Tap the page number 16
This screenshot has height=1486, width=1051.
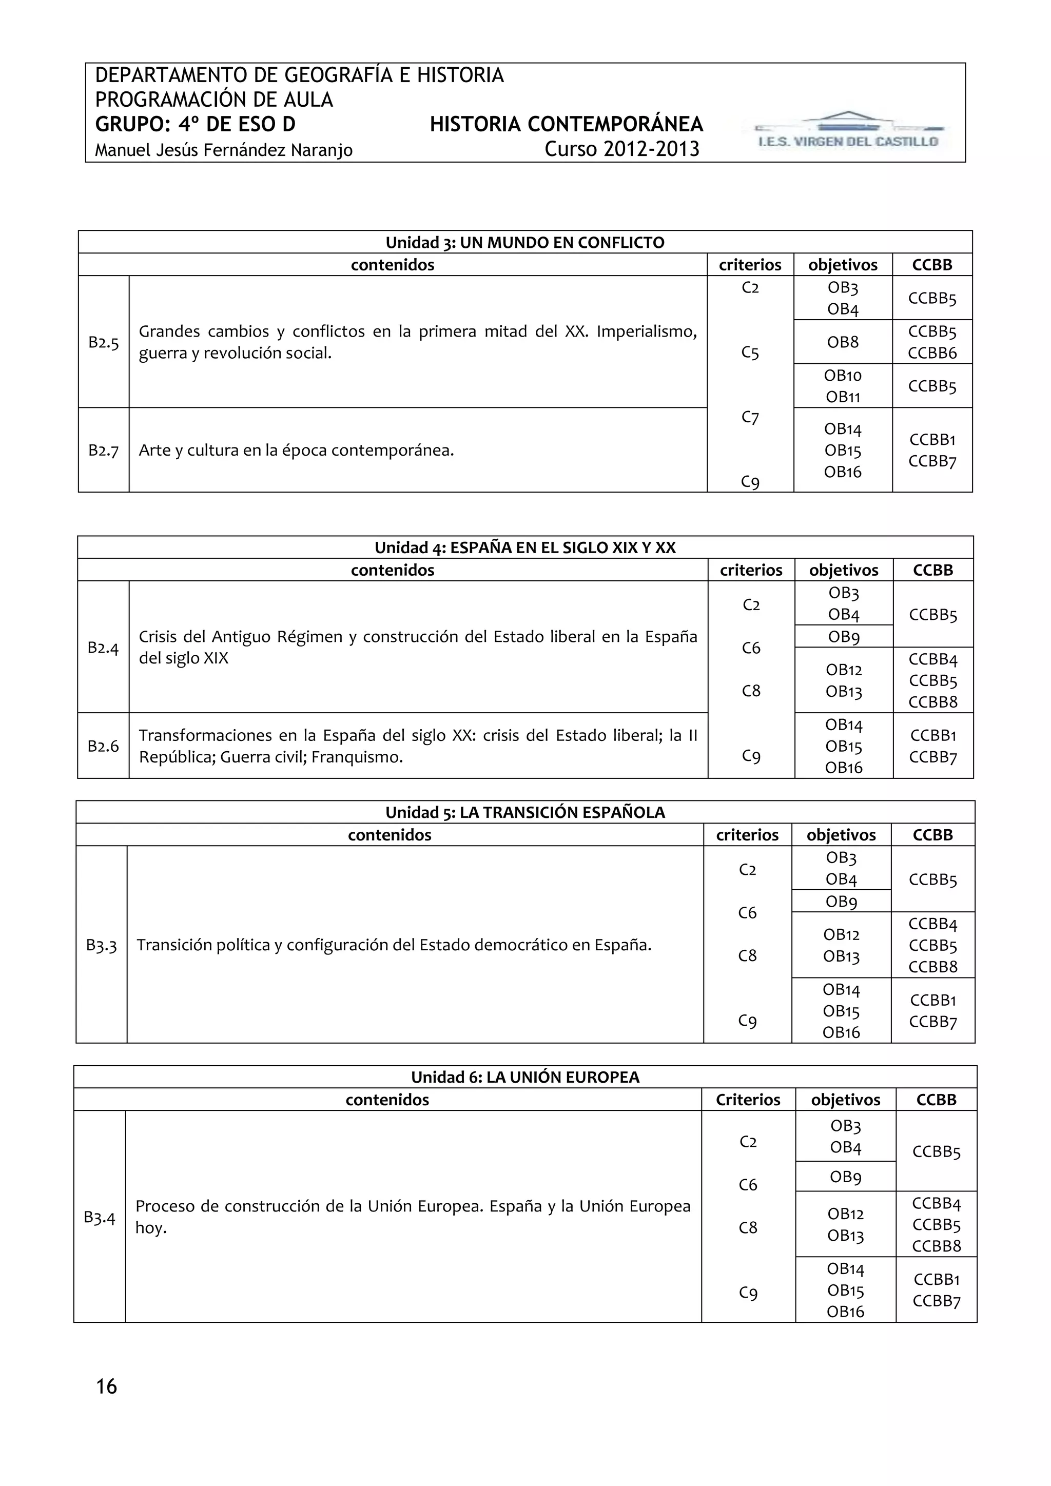106,1386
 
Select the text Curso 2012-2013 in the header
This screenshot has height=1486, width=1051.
621,149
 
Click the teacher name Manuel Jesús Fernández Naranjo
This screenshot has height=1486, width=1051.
223,150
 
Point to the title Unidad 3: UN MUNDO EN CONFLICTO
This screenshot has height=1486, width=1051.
525,242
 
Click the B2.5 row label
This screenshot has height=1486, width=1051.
104,342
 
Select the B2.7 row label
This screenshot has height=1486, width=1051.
104,450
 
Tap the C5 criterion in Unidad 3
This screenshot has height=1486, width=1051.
750,352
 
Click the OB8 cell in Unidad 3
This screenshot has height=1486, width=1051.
843,342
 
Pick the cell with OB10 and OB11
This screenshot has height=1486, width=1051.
843,386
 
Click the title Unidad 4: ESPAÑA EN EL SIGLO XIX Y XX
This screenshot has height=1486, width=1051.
525,548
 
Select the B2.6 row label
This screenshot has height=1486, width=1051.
103,746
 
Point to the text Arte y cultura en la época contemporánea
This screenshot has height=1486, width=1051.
297,450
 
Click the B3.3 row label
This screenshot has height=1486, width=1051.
101,945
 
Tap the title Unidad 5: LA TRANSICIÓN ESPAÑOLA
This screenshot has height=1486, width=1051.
525,812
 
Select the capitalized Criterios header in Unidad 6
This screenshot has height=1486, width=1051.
748,1100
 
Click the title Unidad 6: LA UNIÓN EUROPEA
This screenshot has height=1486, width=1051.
525,1077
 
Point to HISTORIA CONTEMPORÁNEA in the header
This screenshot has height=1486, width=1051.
566,124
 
